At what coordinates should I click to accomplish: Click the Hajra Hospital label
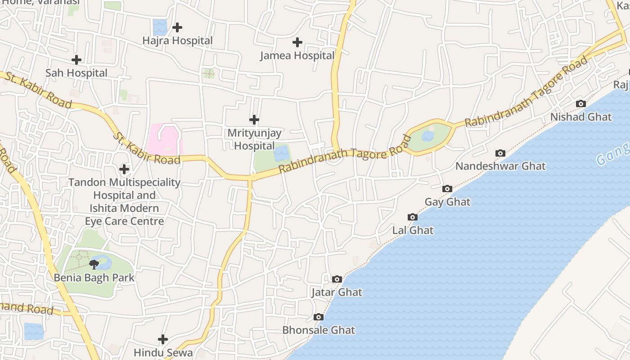177,40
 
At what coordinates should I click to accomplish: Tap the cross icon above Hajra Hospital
177,27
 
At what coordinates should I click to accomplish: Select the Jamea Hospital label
297,56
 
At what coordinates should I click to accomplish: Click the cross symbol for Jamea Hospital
297,42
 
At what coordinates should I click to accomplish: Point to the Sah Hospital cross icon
76,59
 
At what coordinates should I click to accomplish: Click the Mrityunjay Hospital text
254,139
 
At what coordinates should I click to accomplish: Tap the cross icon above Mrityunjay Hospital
254,120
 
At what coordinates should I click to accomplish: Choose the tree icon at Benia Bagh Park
94,264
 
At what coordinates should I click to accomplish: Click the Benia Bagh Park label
94,278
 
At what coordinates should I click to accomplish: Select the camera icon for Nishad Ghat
581,104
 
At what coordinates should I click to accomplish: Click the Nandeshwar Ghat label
500,166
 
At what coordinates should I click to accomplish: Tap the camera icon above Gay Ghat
447,189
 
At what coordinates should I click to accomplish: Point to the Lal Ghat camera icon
413,217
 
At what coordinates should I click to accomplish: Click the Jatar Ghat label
337,292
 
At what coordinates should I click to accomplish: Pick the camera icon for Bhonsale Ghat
319,317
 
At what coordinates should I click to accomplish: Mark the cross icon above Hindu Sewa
163,339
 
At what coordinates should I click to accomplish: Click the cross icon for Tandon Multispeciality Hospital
124,169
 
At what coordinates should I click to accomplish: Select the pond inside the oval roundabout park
428,135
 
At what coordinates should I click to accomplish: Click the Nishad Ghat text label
581,117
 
